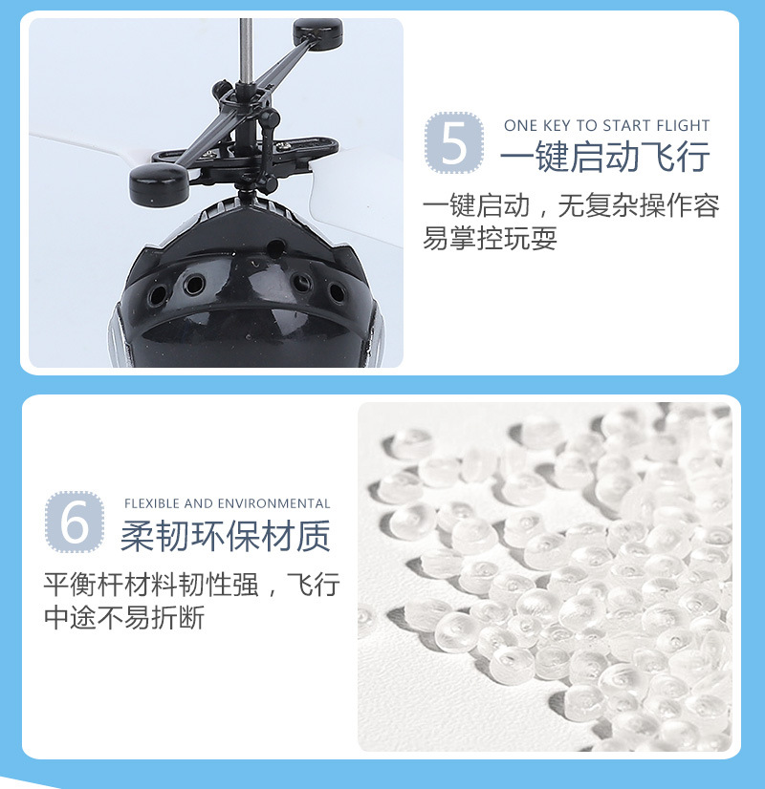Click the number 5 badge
[x=454, y=143]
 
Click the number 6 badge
[x=74, y=521]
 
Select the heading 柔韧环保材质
[x=226, y=537]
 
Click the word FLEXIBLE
[x=152, y=503]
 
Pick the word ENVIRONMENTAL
[x=274, y=503]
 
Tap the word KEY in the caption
[x=557, y=125]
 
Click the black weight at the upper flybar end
[x=317, y=32]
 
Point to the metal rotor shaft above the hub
[x=246, y=48]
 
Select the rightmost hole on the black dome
[x=336, y=289]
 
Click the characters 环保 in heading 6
[x=226, y=537]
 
